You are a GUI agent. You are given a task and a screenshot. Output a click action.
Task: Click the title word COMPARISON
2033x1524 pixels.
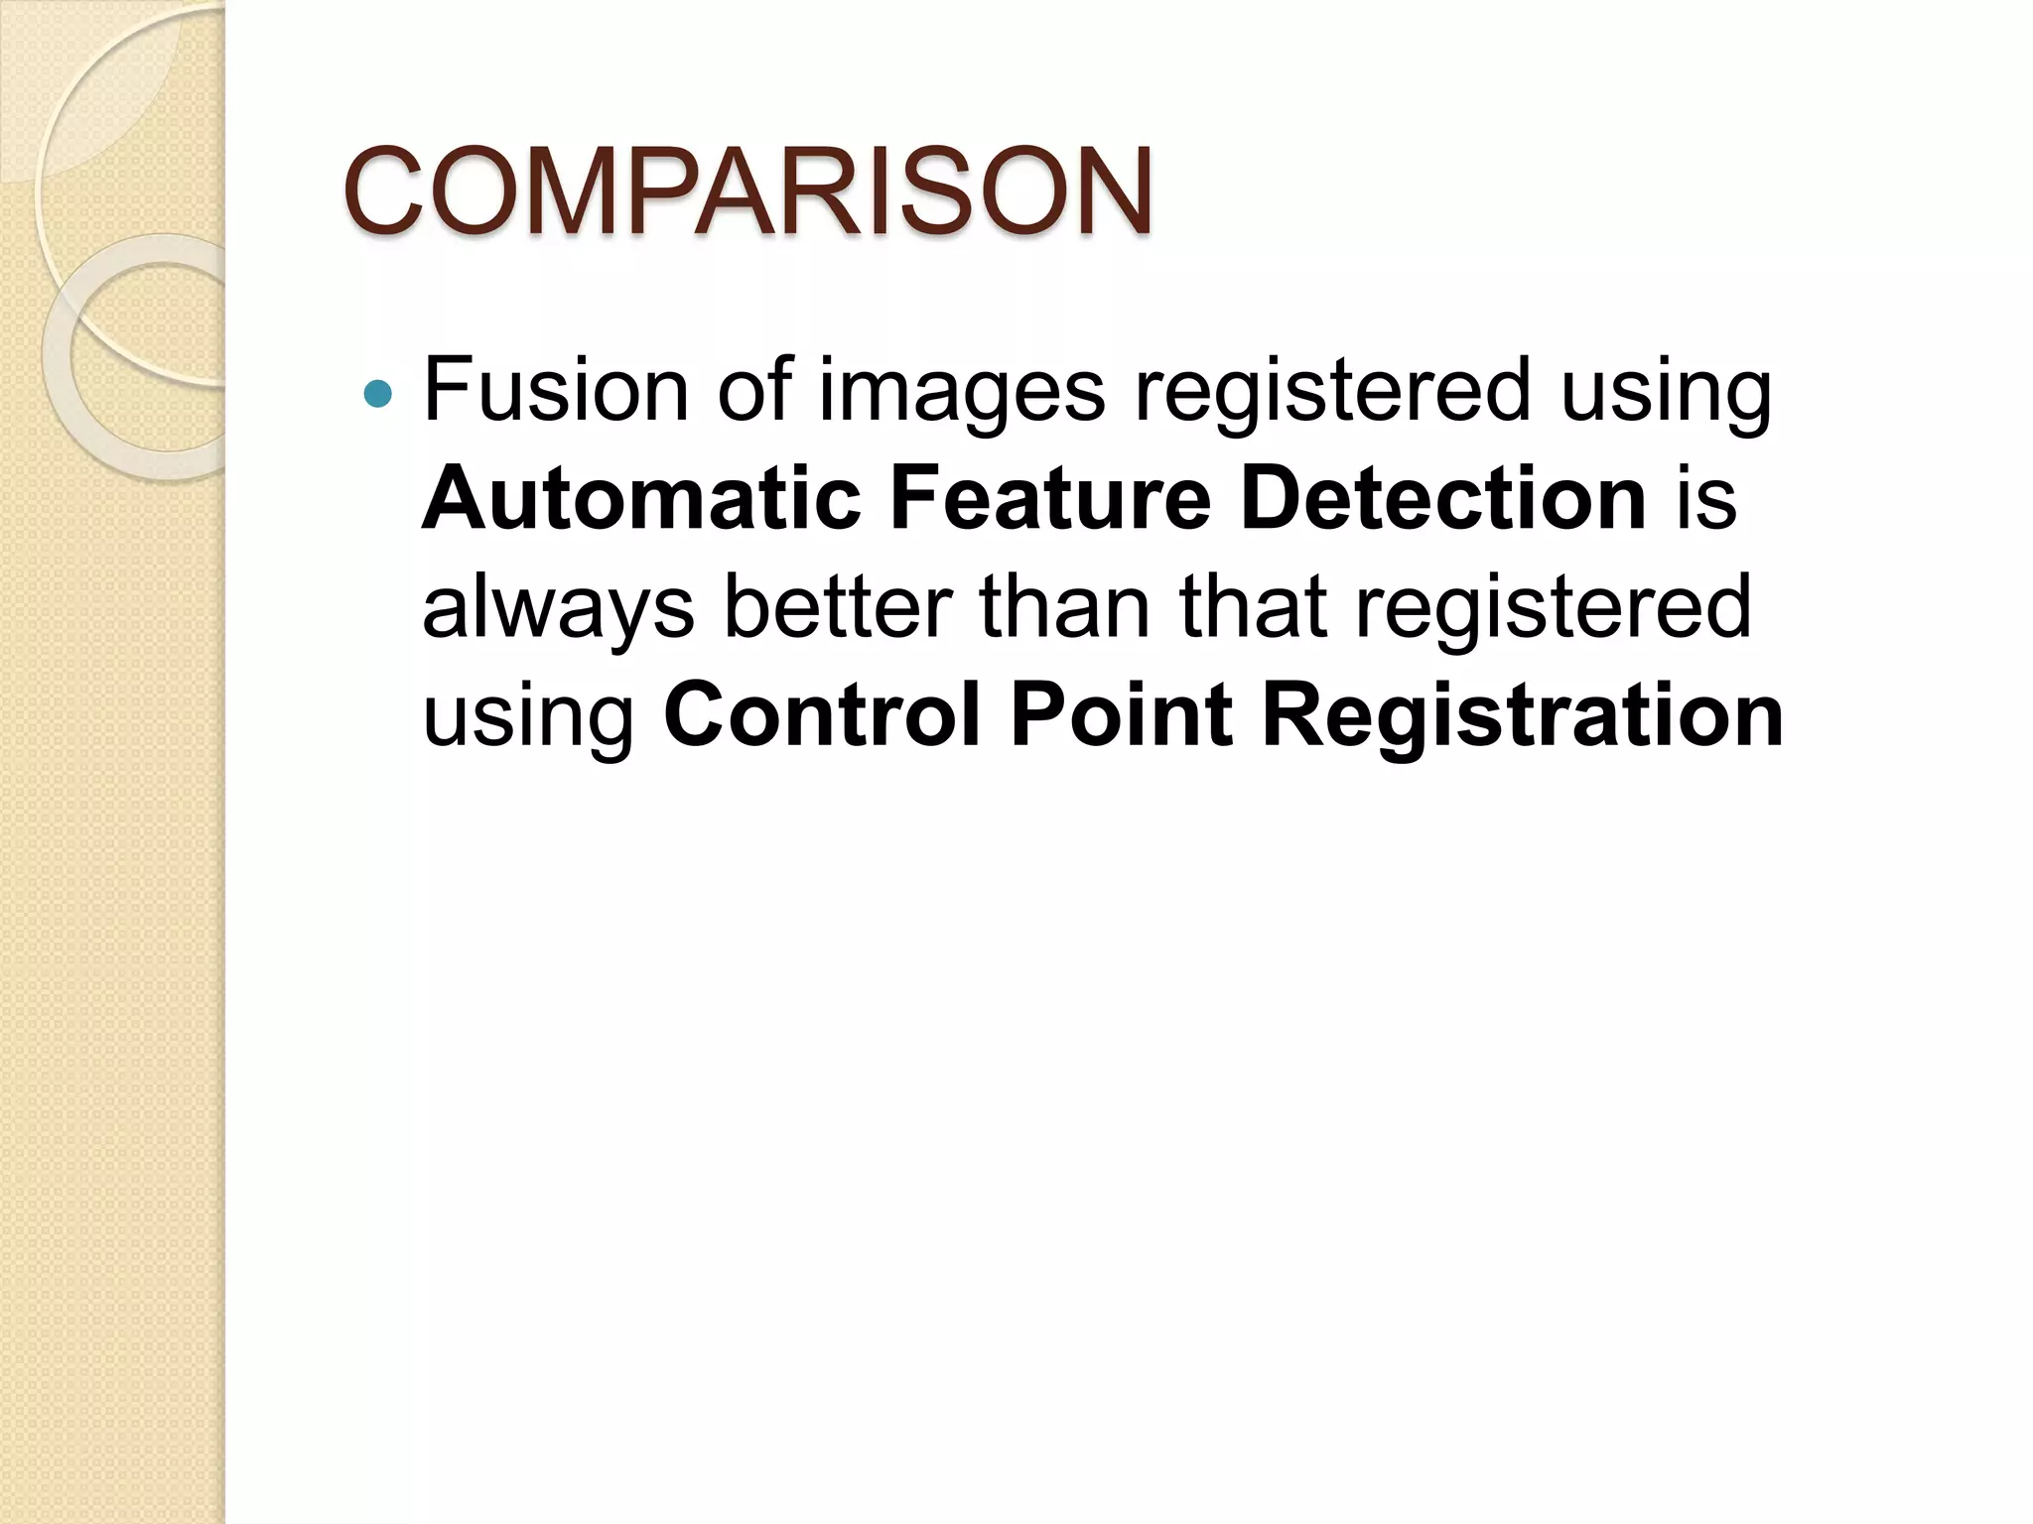click(x=747, y=190)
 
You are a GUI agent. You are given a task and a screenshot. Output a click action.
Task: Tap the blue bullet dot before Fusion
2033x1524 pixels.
click(x=378, y=395)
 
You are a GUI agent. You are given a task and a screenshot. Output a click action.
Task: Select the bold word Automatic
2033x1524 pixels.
click(x=641, y=499)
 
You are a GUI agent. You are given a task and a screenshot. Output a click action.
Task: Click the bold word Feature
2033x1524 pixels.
click(x=1050, y=499)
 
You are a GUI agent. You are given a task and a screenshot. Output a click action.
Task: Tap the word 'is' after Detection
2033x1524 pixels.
click(x=1706, y=499)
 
